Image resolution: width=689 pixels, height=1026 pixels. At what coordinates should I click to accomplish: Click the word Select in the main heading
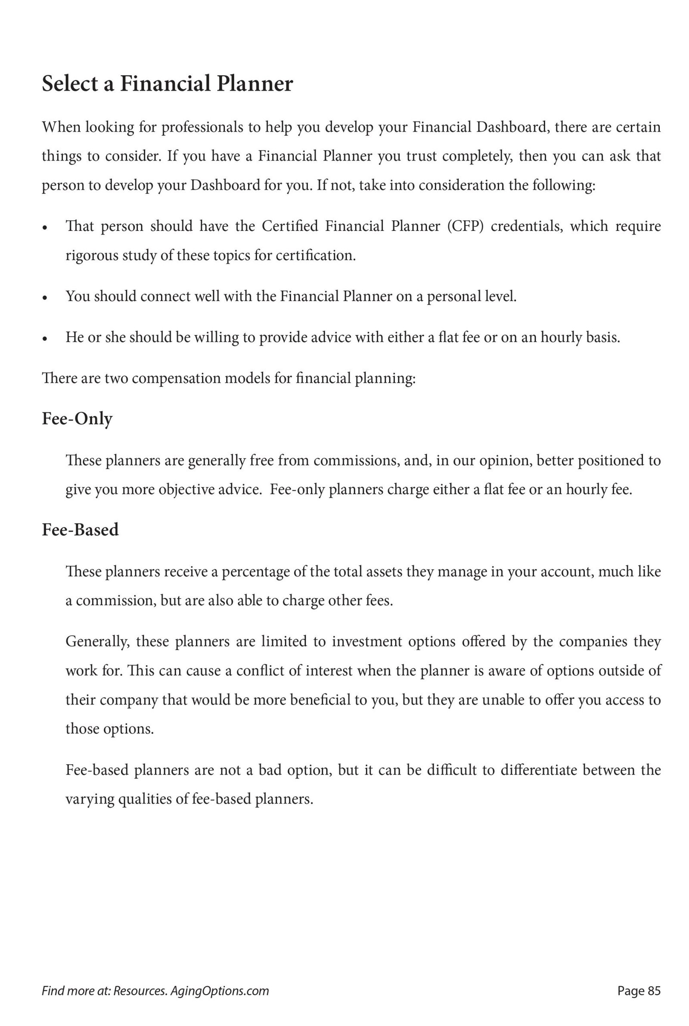[x=70, y=84]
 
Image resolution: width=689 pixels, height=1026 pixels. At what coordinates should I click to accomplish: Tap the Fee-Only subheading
[x=77, y=418]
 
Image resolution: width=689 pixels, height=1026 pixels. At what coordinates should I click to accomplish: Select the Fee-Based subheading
[x=80, y=530]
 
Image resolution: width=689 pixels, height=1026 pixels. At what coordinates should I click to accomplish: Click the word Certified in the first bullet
[x=289, y=226]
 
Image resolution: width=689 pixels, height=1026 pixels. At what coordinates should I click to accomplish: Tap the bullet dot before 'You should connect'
[x=45, y=298]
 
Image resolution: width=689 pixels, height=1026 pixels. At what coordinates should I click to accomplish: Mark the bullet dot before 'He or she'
[x=45, y=339]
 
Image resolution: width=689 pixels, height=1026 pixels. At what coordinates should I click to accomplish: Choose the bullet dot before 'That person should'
[x=45, y=228]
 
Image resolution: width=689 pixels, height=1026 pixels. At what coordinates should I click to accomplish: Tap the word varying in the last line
[x=90, y=799]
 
